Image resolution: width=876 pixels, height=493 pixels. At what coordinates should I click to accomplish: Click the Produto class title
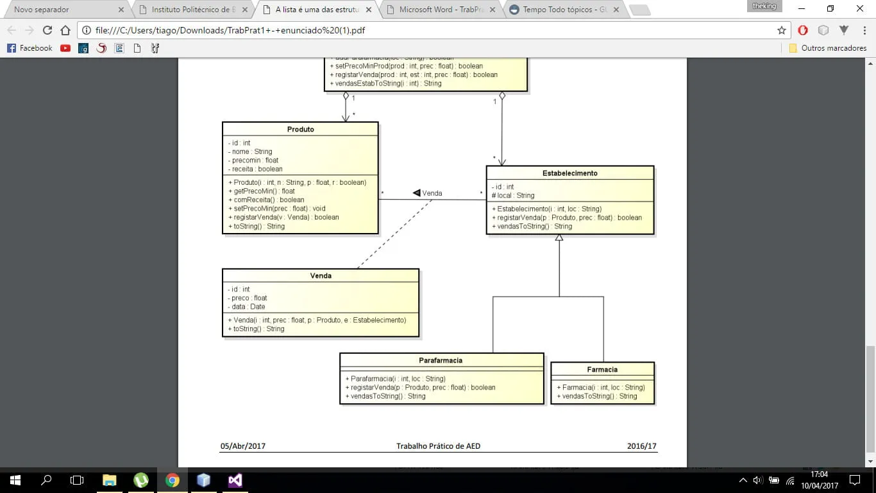pyautogui.click(x=300, y=129)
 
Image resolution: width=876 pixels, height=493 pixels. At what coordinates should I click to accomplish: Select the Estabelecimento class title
pyautogui.click(x=570, y=173)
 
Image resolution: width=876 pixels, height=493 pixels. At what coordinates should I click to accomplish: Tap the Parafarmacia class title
pyautogui.click(x=441, y=360)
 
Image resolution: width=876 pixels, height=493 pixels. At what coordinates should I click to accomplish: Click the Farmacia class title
pyautogui.click(x=602, y=369)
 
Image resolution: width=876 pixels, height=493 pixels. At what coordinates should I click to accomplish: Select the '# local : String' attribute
pyautogui.click(x=513, y=195)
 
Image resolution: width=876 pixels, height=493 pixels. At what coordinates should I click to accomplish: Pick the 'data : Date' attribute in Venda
pyautogui.click(x=248, y=307)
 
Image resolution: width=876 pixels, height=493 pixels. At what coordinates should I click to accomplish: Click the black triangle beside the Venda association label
pyautogui.click(x=416, y=193)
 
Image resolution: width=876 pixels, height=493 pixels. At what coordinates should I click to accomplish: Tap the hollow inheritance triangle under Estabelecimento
pyautogui.click(x=559, y=238)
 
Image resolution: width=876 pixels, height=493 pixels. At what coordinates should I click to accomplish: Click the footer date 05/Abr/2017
pyautogui.click(x=242, y=446)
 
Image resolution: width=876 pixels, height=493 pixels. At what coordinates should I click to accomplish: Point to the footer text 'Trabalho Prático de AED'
pyautogui.click(x=438, y=446)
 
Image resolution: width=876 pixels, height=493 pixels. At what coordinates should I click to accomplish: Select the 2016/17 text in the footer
pyautogui.click(x=641, y=446)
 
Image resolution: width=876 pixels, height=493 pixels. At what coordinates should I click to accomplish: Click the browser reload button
pyautogui.click(x=47, y=30)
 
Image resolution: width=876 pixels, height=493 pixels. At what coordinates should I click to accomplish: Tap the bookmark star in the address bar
pyautogui.click(x=781, y=30)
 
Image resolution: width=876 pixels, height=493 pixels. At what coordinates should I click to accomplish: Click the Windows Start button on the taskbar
pyautogui.click(x=15, y=480)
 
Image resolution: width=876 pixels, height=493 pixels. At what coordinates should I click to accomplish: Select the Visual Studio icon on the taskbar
pyautogui.click(x=235, y=480)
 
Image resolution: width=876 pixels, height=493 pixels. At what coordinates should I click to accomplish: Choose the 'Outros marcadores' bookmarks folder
pyautogui.click(x=828, y=48)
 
